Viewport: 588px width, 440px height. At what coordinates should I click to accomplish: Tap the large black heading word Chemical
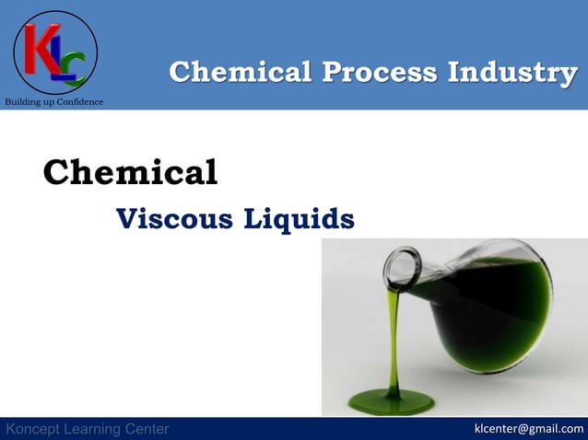[130, 172]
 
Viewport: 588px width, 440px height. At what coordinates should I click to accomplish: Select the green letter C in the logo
[76, 65]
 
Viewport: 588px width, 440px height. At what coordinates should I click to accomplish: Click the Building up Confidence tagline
[53, 101]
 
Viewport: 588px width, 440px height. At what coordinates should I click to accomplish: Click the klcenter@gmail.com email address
[528, 428]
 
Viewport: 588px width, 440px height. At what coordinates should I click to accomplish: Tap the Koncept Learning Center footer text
[88, 429]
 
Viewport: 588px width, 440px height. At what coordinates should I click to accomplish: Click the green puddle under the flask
[397, 401]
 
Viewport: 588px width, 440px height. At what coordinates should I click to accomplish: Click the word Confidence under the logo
[77, 101]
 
